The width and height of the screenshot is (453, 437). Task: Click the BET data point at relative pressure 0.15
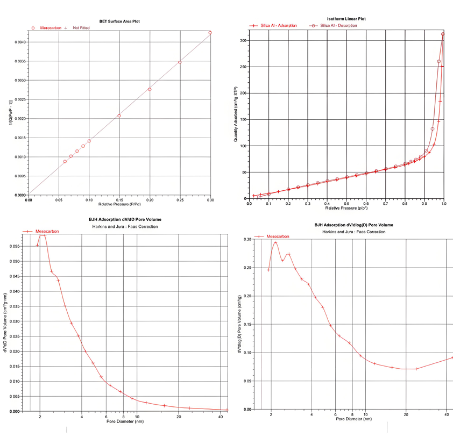click(119, 116)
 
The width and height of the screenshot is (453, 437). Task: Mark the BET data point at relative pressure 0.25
click(180, 62)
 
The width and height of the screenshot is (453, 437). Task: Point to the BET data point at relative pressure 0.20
click(150, 89)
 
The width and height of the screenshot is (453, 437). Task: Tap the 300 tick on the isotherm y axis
click(242, 40)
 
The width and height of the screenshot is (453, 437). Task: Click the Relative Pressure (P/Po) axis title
click(119, 204)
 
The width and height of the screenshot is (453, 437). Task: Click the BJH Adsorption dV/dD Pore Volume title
click(125, 219)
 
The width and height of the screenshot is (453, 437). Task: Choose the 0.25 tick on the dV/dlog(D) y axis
click(247, 267)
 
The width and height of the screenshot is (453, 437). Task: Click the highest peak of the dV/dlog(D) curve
click(275, 242)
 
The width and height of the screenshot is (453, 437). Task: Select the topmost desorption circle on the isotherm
click(443, 34)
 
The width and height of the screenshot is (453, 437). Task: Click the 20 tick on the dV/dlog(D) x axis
click(406, 414)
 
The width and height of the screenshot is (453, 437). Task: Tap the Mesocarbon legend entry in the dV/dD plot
click(47, 231)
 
